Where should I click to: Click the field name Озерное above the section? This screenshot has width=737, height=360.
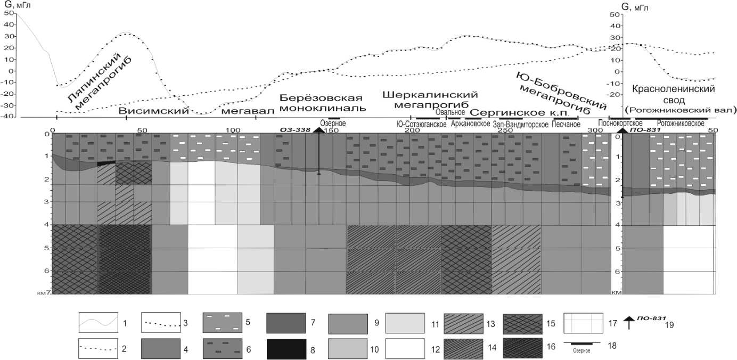coord(333,124)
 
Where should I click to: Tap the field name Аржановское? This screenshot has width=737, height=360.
coord(470,124)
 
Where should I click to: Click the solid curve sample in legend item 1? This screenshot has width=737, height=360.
coord(98,323)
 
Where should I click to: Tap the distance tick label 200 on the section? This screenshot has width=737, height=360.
coord(411,130)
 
